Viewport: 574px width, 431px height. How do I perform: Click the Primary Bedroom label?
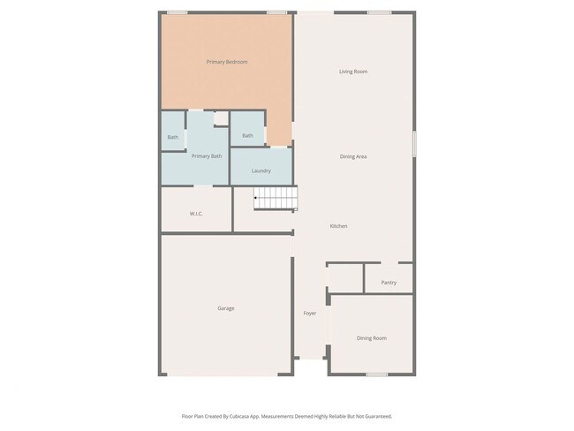226,62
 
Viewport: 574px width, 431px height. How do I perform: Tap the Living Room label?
353,72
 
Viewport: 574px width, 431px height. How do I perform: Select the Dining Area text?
353,156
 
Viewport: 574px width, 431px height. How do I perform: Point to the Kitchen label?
338,226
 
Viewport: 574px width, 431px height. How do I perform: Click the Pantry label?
389,283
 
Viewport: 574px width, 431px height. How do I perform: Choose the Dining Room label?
371,338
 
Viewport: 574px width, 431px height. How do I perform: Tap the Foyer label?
310,314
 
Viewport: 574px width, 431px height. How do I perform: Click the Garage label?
226,308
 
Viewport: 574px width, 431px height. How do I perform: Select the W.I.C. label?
197,214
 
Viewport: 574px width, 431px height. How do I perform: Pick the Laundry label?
261,170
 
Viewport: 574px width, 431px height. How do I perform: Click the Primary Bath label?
207,156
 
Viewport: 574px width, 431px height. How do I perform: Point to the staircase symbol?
276,198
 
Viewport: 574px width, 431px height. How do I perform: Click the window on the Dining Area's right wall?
413,144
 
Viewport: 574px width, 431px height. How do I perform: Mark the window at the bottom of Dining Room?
377,374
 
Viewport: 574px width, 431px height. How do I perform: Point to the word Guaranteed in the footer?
376,416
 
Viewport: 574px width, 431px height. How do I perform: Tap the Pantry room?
389,277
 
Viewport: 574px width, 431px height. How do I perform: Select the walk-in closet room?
196,208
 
